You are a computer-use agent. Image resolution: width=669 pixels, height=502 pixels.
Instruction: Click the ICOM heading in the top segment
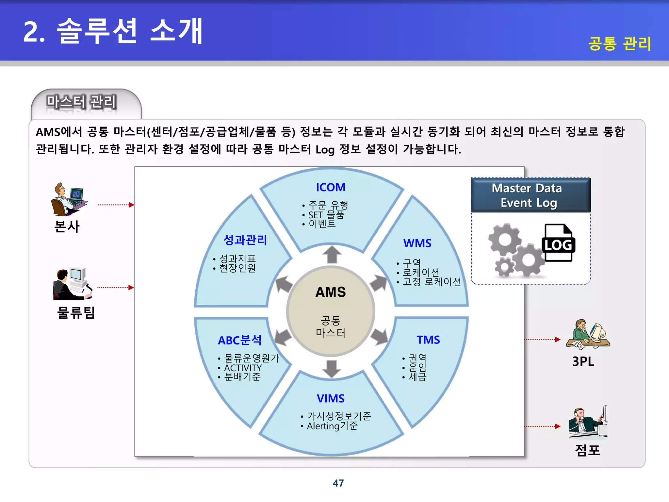pyautogui.click(x=331, y=187)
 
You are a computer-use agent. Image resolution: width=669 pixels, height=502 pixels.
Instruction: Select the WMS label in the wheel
pyautogui.click(x=417, y=243)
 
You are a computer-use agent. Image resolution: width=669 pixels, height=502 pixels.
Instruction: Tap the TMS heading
pyautogui.click(x=428, y=340)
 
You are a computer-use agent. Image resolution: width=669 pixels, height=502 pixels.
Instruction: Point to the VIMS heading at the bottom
pyautogui.click(x=331, y=398)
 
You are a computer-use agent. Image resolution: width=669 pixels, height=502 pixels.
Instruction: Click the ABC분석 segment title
pyautogui.click(x=240, y=340)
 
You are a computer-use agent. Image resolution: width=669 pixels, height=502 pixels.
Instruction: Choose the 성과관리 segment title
pyautogui.click(x=245, y=240)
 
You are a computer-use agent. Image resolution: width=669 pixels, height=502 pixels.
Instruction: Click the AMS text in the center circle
pyautogui.click(x=331, y=292)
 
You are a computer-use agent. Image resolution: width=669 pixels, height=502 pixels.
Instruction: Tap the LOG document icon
pyautogui.click(x=558, y=243)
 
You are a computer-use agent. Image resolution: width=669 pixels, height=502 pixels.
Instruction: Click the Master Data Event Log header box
pyautogui.click(x=530, y=195)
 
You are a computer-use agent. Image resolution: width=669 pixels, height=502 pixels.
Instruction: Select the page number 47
pyautogui.click(x=338, y=483)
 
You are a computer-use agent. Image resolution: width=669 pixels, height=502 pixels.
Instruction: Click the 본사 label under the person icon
pyautogui.click(x=67, y=226)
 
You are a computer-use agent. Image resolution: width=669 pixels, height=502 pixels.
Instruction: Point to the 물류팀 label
pyautogui.click(x=76, y=312)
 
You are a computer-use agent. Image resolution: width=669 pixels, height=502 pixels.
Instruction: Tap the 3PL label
pyautogui.click(x=583, y=361)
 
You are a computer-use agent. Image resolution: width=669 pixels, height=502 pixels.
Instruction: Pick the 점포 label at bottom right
pyautogui.click(x=587, y=450)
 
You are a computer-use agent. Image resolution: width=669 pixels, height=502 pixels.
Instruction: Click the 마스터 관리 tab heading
pyautogui.click(x=81, y=102)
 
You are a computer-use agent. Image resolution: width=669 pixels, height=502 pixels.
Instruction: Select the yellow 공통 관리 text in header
pyautogui.click(x=620, y=43)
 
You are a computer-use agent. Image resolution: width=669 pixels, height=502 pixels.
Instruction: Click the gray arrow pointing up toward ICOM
pyautogui.click(x=332, y=254)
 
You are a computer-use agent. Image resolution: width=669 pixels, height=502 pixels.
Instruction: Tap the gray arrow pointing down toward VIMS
pyautogui.click(x=332, y=369)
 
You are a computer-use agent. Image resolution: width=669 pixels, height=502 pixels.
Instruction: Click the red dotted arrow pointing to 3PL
pyautogui.click(x=542, y=340)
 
